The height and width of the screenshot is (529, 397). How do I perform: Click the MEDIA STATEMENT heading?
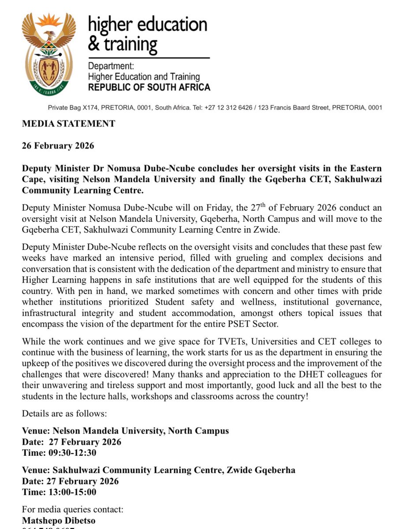pyautogui.click(x=68, y=124)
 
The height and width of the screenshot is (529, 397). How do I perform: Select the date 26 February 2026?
pyautogui.click(x=58, y=146)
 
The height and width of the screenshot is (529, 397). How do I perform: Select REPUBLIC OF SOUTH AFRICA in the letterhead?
pyautogui.click(x=149, y=87)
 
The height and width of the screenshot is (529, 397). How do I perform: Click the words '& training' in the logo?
pyautogui.click(x=123, y=44)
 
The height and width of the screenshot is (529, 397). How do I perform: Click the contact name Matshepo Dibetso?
pyautogui.click(x=59, y=521)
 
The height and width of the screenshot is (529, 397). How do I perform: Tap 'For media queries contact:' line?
pyautogui.click(x=73, y=510)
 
